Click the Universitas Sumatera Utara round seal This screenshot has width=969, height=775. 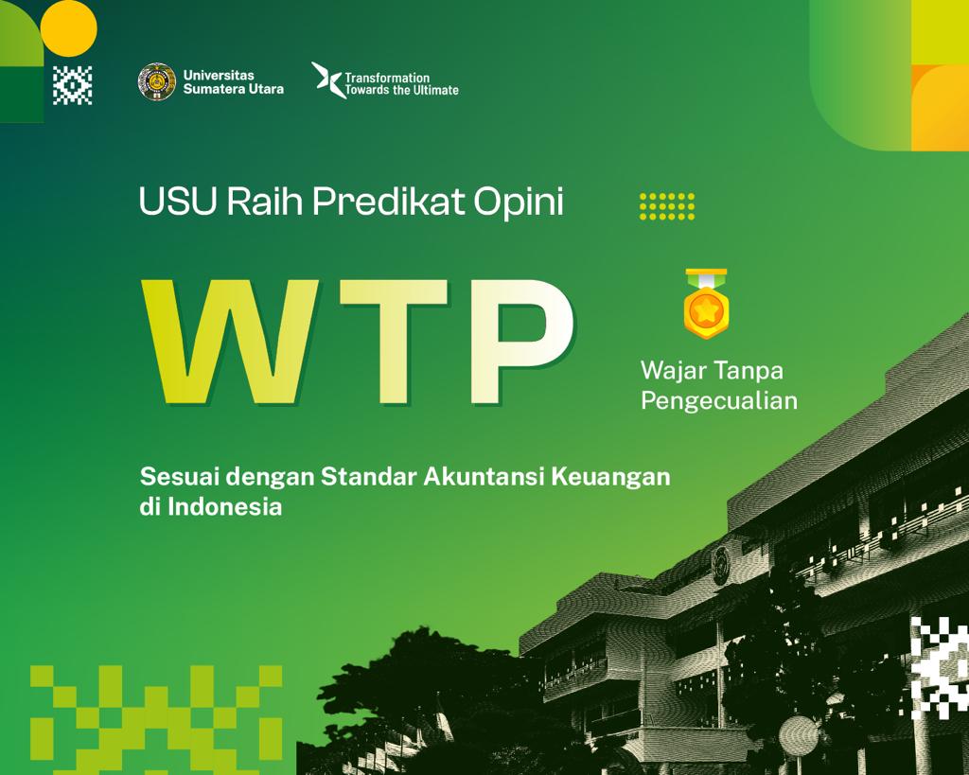[156, 81]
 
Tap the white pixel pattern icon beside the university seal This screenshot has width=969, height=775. [73, 85]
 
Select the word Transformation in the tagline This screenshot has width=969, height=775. [387, 78]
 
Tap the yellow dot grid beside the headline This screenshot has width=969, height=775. [667, 205]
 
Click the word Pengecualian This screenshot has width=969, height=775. [718, 400]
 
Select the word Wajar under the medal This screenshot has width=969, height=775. [670, 369]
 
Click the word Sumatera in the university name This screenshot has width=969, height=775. [216, 89]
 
